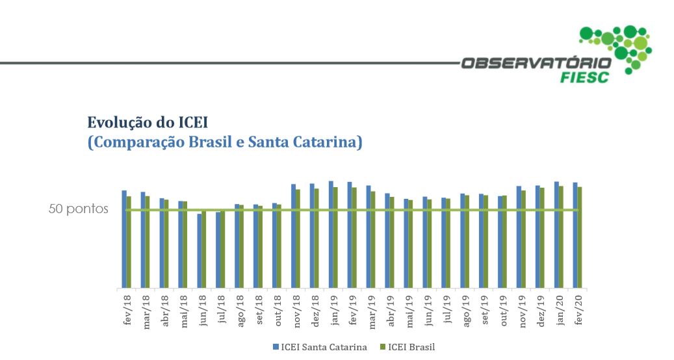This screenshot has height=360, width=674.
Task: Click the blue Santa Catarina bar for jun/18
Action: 200,251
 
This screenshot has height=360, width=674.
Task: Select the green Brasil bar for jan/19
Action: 335,238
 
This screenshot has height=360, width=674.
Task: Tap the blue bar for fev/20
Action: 575,235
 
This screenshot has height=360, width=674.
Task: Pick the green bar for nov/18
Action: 298,238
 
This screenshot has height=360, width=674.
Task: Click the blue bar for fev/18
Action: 124,239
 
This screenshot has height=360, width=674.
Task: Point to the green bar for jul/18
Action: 222,250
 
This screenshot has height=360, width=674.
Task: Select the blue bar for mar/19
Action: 369,237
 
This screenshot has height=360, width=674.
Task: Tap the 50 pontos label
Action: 79,210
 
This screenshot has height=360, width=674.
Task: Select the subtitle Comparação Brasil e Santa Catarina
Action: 225,142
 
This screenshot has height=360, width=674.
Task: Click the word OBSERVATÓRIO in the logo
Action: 536,64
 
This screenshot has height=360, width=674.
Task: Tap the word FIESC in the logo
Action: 586,78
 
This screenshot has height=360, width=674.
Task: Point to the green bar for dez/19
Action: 542,238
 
